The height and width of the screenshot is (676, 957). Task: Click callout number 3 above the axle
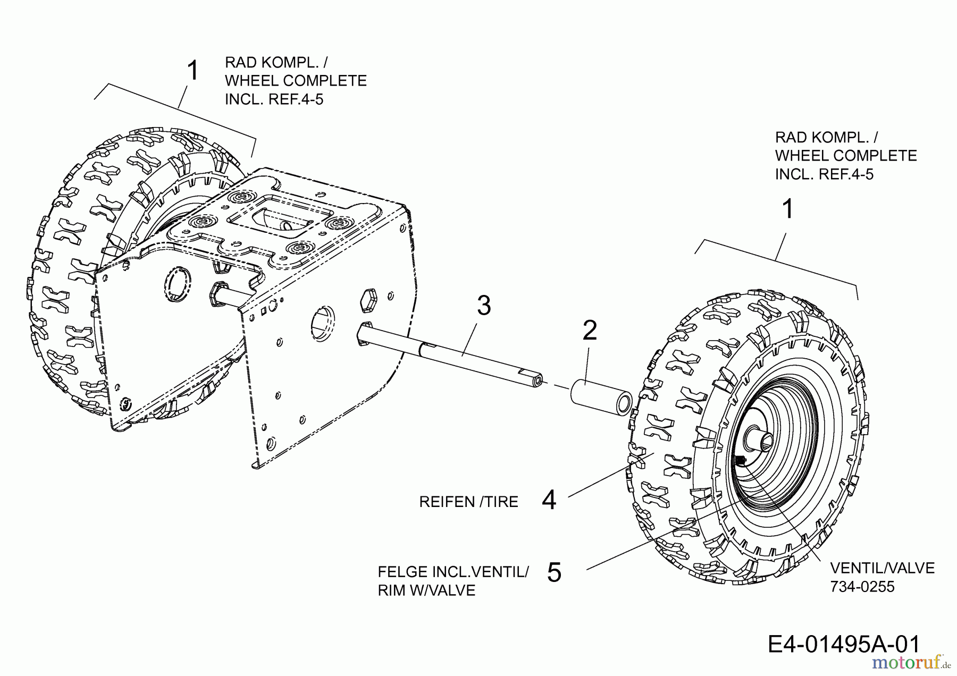(483, 306)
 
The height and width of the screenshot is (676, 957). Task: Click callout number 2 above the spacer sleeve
(590, 331)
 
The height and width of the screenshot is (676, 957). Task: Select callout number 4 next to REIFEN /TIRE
(549, 501)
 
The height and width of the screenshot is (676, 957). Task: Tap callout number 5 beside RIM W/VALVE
(554, 573)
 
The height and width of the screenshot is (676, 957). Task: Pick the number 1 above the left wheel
(193, 71)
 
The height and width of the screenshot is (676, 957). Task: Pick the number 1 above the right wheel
(788, 209)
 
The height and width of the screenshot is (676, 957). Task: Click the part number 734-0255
(862, 587)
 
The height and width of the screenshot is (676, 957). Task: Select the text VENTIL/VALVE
(882, 568)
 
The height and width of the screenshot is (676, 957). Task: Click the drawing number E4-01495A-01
(844, 644)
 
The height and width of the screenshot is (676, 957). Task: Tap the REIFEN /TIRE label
(468, 502)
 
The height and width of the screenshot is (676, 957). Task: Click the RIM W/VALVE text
(426, 590)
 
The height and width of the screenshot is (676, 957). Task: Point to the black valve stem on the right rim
(741, 460)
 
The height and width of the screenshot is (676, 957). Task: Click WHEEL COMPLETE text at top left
(296, 81)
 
